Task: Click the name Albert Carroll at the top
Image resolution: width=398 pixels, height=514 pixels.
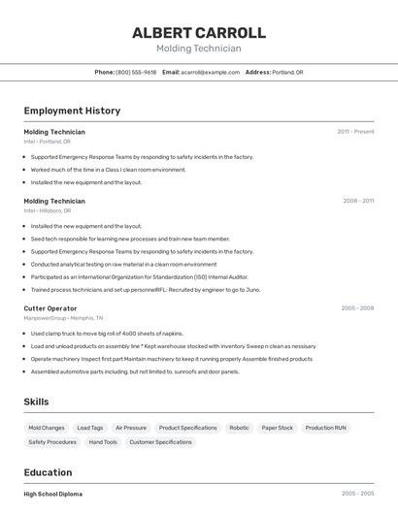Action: coord(198,32)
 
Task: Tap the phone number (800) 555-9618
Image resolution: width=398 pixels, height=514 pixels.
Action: coord(136,72)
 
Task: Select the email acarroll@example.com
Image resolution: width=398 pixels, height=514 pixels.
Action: coord(211,72)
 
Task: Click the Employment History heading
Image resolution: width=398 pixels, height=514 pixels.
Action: coord(72,111)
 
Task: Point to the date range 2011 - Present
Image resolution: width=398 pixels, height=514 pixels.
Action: coord(355,131)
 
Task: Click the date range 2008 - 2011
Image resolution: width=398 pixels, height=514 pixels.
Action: coord(358,201)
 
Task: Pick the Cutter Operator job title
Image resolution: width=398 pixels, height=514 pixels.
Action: coord(50,308)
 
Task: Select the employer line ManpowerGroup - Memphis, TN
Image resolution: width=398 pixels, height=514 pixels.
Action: coord(63,318)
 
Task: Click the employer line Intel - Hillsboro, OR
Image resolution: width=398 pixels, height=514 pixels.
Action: coord(48,210)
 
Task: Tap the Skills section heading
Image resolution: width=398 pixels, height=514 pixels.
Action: coord(37,402)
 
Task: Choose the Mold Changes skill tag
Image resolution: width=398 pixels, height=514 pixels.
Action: coord(47,428)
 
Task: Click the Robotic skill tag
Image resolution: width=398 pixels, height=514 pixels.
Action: coord(239,428)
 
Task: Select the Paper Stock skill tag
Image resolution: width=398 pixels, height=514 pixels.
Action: coord(278,428)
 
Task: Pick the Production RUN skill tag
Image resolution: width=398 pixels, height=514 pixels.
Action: coord(326,428)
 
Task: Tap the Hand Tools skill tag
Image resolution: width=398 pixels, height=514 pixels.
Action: coord(103,442)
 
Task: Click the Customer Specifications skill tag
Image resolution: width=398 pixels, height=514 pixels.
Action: coord(161,442)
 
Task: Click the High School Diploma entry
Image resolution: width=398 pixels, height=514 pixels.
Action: coord(53,494)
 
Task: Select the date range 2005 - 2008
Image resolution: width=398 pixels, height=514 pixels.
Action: coord(357,308)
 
